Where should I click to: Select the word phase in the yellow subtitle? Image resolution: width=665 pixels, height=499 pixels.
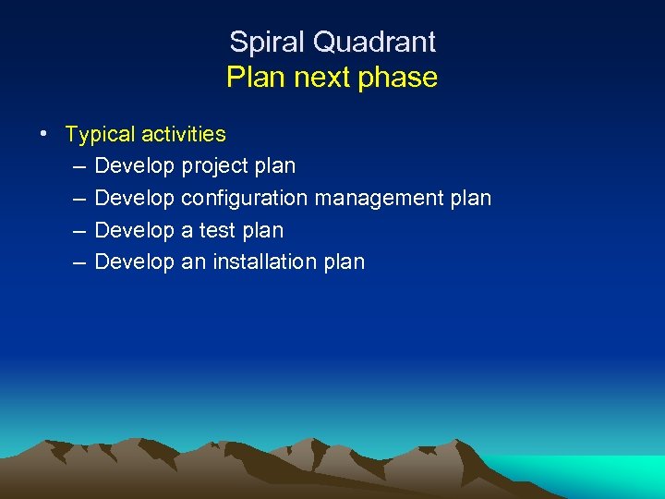(x=401, y=78)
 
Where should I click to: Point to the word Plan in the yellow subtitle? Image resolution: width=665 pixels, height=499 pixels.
(x=256, y=78)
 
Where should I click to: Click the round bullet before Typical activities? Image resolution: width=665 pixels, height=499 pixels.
(x=44, y=133)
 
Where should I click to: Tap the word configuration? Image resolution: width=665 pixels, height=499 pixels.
(x=245, y=199)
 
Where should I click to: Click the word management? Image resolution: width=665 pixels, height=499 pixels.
(x=379, y=199)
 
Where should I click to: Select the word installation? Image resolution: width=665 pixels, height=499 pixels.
(x=265, y=262)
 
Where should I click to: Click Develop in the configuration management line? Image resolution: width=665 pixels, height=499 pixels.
(x=135, y=199)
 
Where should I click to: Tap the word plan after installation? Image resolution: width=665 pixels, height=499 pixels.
(x=345, y=262)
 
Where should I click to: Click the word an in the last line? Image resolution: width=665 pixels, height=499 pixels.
(x=194, y=262)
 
